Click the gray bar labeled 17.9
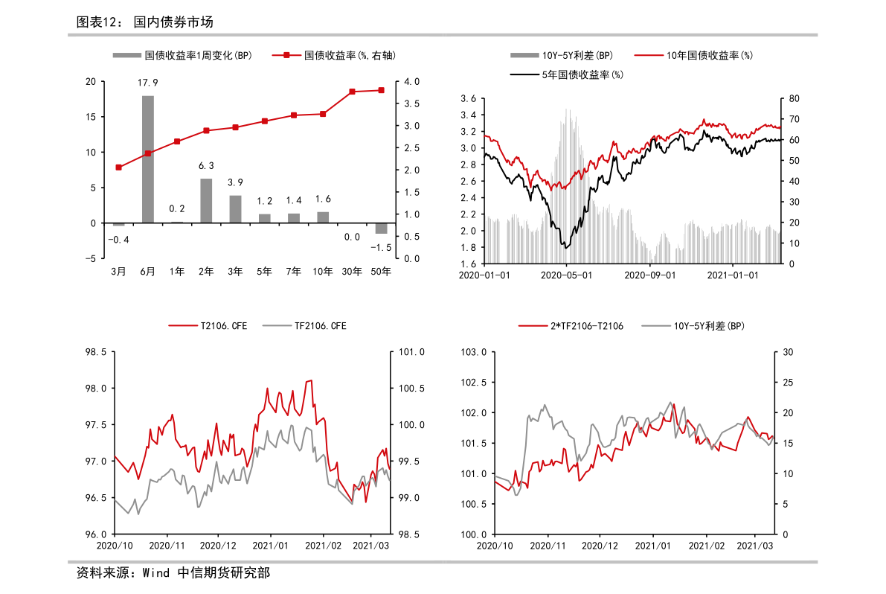148,159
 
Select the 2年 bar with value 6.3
206,200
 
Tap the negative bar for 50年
381,229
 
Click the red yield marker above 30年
352,92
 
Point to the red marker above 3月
118,167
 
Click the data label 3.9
235,182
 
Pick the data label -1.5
382,247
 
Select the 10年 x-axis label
323,272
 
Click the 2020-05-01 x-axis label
567,275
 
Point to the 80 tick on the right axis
794,99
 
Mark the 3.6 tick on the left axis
468,99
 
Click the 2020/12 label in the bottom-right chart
600,546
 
